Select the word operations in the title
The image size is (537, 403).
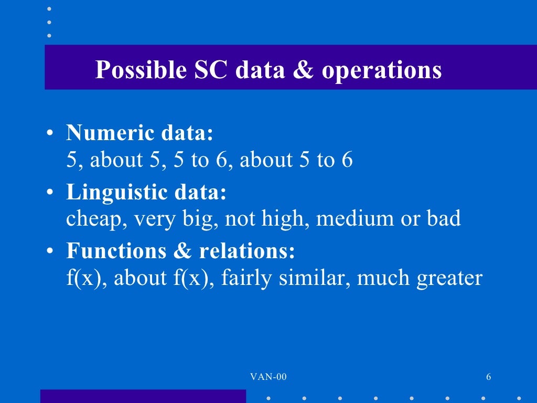tap(382, 70)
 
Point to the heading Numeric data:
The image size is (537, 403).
tap(140, 133)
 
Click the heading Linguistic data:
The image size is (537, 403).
tap(146, 193)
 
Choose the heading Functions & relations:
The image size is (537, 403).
tap(181, 251)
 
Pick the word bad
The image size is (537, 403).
tap(443, 218)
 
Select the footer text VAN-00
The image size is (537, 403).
tap(268, 377)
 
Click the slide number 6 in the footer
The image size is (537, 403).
tap(489, 377)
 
